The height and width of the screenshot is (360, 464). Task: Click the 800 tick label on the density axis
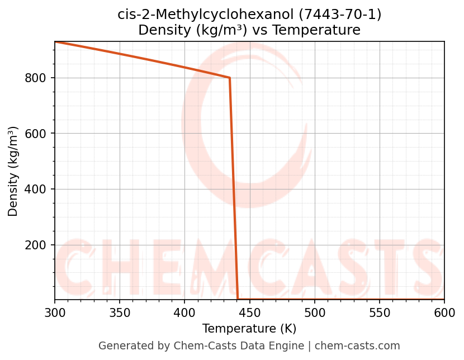click(35, 78)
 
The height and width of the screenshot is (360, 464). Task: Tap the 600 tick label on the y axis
click(35, 134)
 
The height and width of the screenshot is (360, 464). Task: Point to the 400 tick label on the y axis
click(35, 190)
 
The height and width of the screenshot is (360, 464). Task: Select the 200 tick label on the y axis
click(35, 245)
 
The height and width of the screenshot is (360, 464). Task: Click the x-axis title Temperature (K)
click(249, 329)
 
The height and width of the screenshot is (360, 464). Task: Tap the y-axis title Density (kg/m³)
click(13, 171)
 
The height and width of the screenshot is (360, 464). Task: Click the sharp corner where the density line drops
click(230, 78)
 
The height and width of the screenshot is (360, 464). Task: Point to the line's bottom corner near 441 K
click(238, 299)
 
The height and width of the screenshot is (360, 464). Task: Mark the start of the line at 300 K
click(55, 42)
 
